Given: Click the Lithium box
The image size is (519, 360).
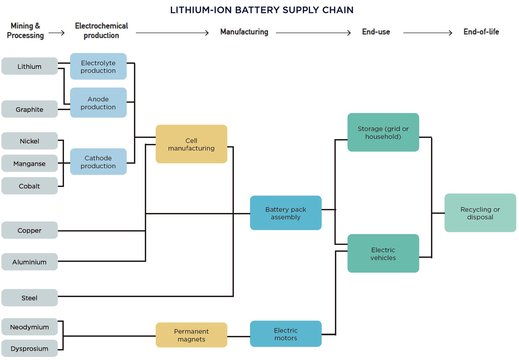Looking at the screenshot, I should tap(29, 66).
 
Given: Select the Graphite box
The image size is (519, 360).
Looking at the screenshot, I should tap(29, 109).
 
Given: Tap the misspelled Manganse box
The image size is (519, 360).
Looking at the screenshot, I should tap(29, 164).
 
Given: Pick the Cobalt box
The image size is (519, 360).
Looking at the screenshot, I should tap(29, 186).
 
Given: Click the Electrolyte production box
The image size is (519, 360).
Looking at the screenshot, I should tap(98, 67).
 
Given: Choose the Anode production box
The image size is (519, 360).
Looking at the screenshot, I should tap(98, 103).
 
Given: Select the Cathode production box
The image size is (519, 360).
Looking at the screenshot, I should tap(98, 162).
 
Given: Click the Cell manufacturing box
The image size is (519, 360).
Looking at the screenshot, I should tap(191, 144).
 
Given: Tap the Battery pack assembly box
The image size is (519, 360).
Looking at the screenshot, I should tap(285, 213).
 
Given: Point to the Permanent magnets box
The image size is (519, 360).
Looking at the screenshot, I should tap(191, 335).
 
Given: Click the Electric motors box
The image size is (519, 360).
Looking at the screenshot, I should tap(285, 334).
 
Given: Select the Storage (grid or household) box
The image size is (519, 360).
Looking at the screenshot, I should tap(383, 132).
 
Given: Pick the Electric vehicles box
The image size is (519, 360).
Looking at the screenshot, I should tap(383, 254).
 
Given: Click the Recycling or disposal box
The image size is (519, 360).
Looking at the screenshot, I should tap(480, 213).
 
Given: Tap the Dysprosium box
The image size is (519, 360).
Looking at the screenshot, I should tap(29, 348).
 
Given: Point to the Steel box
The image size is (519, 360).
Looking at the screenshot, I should tap(29, 298).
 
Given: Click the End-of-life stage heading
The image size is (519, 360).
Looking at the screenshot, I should tap(481, 32).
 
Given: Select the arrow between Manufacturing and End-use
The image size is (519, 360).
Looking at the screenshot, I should tap(313, 33).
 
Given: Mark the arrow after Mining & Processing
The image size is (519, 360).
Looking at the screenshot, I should tap(56, 33).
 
